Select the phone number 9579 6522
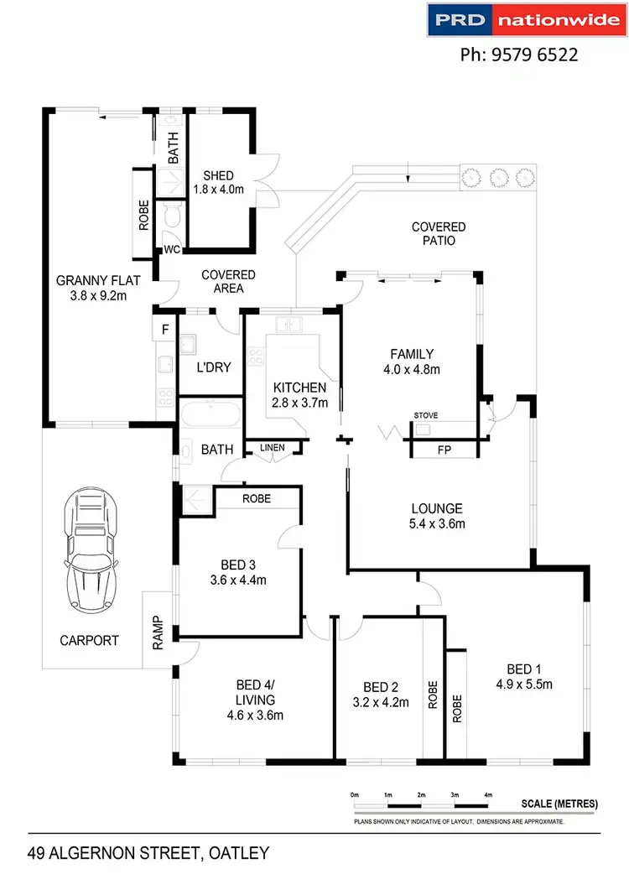(519, 55)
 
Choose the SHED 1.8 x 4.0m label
(218, 182)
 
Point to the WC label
(172, 249)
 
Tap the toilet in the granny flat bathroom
(172, 216)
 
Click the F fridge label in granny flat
(164, 329)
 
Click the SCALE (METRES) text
(559, 804)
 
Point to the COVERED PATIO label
(439, 233)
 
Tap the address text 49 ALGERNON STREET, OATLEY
(148, 854)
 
